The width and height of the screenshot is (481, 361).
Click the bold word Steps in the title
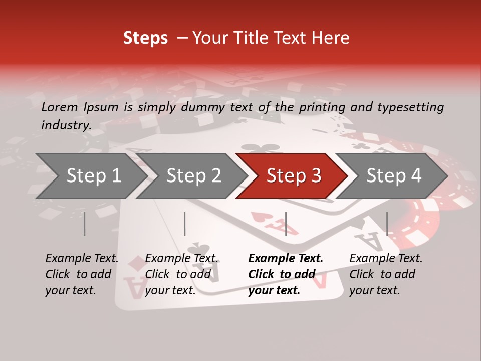click(x=145, y=38)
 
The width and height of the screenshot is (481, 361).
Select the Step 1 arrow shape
click(x=90, y=176)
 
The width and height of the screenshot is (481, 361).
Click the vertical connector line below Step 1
click(x=85, y=224)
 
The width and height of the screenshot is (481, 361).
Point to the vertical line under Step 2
click(x=185, y=224)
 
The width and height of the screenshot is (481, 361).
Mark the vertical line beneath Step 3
click(x=286, y=224)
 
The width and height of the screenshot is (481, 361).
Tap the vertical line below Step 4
click(x=387, y=224)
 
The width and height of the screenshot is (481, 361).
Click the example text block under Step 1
click(x=82, y=274)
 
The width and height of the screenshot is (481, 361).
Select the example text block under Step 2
click(x=181, y=274)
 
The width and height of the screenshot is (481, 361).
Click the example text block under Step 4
click(x=386, y=274)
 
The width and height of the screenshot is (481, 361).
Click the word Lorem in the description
click(x=60, y=107)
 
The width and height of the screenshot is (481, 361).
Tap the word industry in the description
click(x=66, y=125)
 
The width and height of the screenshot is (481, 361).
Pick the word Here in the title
click(x=331, y=38)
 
